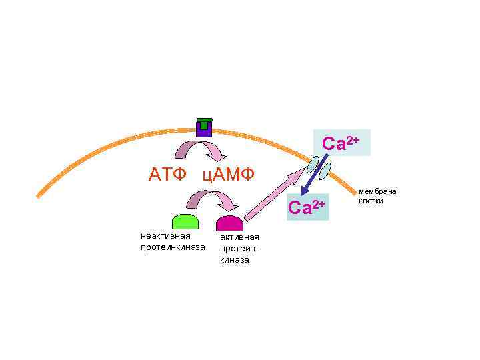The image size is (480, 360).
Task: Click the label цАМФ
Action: pyautogui.click(x=228, y=176)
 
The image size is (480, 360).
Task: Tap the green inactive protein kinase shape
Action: pyautogui.click(x=185, y=222)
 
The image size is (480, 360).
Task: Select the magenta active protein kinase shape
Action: pyautogui.click(x=229, y=223)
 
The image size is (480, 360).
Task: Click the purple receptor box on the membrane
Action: pyautogui.click(x=205, y=130)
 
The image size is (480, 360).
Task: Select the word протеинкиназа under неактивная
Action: pyautogui.click(x=173, y=247)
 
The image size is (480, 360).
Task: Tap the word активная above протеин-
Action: pyautogui.click(x=239, y=238)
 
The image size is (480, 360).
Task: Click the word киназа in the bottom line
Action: pyautogui.click(x=235, y=260)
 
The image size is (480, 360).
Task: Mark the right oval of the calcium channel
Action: pyautogui.click(x=325, y=172)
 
